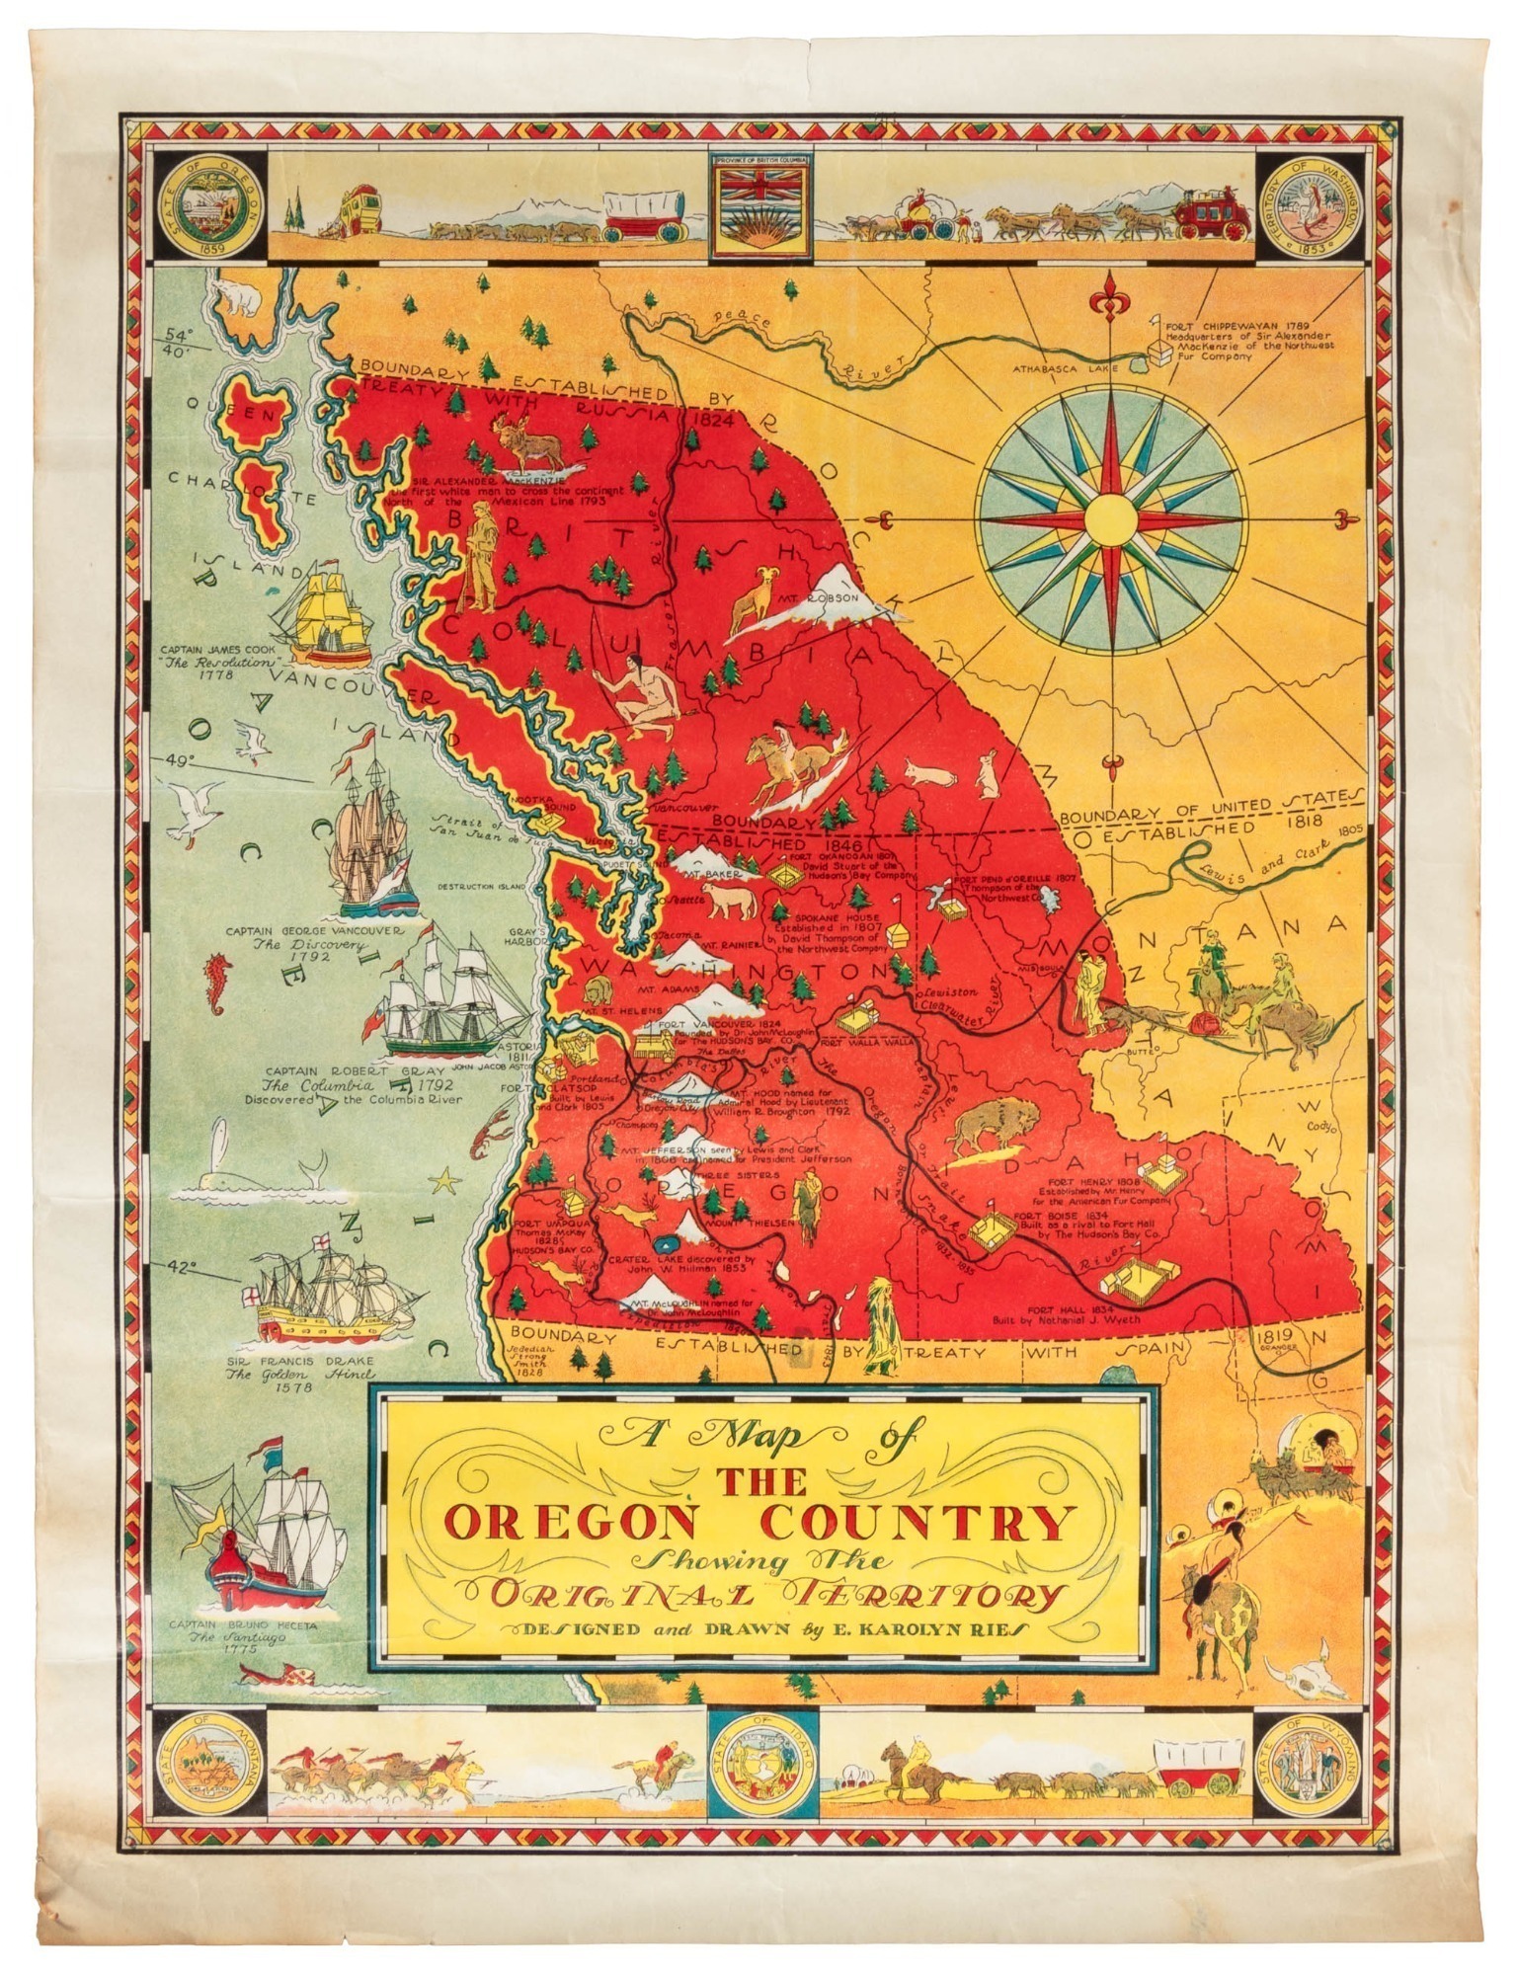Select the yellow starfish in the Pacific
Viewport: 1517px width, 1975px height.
click(x=447, y=1179)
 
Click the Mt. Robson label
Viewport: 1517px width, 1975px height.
click(x=833, y=598)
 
